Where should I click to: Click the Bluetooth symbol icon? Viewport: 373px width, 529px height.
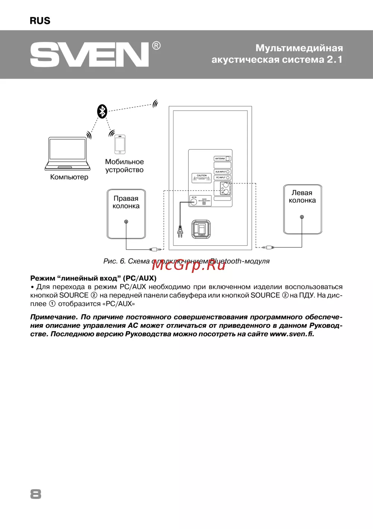click(x=102, y=111)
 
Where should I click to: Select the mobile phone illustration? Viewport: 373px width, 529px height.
click(x=120, y=144)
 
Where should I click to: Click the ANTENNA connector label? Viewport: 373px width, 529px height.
click(x=220, y=158)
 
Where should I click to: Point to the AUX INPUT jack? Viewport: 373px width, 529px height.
click(x=228, y=172)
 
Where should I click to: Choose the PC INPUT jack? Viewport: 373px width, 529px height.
click(x=228, y=177)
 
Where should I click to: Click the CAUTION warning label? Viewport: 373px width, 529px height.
click(x=201, y=178)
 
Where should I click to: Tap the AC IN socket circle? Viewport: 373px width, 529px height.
click(x=194, y=202)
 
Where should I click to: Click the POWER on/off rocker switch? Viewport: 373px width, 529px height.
click(x=201, y=229)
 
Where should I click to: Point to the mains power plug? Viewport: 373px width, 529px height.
click(x=180, y=231)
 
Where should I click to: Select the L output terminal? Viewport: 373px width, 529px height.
click(x=226, y=185)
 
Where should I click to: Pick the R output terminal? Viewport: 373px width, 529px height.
click(x=226, y=192)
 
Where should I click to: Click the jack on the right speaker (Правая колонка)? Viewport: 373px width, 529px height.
click(x=126, y=222)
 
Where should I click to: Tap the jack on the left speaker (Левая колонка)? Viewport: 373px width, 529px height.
click(x=302, y=217)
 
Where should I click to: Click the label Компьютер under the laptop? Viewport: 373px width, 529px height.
click(x=69, y=177)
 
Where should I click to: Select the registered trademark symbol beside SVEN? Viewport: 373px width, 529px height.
click(x=156, y=46)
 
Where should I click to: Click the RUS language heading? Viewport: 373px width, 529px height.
click(x=40, y=21)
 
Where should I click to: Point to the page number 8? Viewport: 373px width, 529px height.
click(x=36, y=494)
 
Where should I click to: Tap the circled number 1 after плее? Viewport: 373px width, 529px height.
click(x=52, y=304)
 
